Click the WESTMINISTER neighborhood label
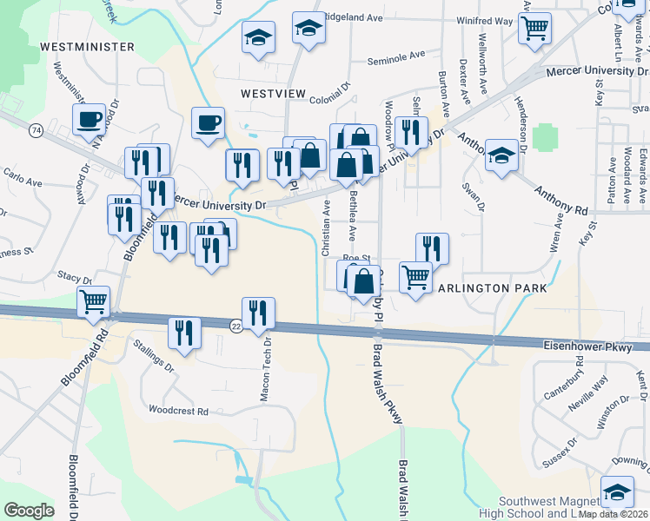click(x=86, y=46)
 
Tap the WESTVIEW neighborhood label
click(x=275, y=92)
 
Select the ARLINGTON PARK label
click(x=492, y=288)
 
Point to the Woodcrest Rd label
click(x=179, y=411)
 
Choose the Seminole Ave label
click(x=395, y=55)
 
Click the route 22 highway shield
click(x=236, y=325)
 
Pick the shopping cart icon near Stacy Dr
click(x=93, y=300)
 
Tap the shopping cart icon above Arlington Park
click(x=415, y=277)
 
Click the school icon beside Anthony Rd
click(x=501, y=155)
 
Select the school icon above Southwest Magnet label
click(x=617, y=491)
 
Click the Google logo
click(x=30, y=511)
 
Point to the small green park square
click(x=544, y=136)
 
